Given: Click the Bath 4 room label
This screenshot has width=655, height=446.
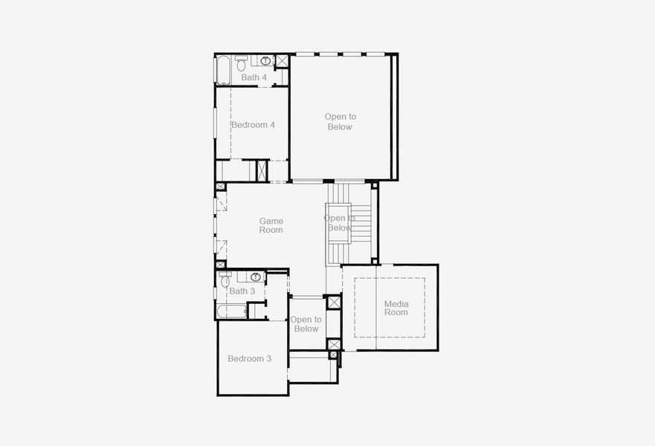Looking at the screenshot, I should coord(254,77).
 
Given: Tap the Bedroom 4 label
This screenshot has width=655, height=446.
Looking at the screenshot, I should coord(253,125).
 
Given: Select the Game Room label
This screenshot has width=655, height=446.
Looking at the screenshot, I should coord(271,225).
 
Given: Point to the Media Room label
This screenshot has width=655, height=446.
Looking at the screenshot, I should coord(396,308).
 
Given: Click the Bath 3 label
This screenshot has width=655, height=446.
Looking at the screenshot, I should coord(242,291).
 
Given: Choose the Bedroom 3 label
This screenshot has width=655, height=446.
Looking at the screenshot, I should coord(249,358).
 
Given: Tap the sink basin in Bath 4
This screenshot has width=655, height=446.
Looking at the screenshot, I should coord(265,61).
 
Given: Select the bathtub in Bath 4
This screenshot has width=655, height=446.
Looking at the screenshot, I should coord(222,70).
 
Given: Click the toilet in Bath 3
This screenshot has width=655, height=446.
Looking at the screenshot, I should coord(225,281).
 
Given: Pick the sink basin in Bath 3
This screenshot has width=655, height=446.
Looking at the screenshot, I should coord(255,277).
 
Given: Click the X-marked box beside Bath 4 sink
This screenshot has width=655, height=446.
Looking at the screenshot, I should coord(282,61).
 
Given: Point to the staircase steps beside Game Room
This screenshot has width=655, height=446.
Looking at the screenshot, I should coord(360,223).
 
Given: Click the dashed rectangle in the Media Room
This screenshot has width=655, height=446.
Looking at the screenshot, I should coord(389,308).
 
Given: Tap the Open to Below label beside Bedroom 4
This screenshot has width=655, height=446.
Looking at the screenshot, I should coord(340,122).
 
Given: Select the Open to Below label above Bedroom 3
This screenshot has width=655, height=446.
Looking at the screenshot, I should coord(306,324).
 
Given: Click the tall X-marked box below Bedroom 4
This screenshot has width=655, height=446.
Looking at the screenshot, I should coord(262,170).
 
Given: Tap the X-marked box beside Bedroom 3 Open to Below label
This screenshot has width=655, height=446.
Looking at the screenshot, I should coord(334,303).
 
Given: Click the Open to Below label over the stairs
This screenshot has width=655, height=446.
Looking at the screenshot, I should coord(339,223).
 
